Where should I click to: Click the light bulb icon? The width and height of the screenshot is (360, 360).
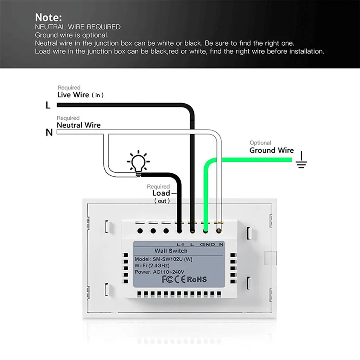pos(138,162)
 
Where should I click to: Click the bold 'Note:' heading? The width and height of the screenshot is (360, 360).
pos(48,17)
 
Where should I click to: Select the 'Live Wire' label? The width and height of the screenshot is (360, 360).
pos(73,95)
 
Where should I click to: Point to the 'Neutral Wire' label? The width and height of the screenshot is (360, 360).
pos(78,125)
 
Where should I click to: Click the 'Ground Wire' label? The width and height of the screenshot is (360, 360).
pos(271,150)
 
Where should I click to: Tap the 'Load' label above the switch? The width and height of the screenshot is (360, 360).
pos(161,193)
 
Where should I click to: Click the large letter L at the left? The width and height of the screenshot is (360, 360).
pos(48,106)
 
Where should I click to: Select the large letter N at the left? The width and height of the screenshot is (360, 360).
pos(49,132)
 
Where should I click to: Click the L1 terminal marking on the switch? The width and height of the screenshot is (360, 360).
pos(180,244)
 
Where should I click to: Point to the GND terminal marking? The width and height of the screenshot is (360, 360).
pos(207,244)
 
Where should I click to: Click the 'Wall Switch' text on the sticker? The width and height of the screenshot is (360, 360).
pos(171,251)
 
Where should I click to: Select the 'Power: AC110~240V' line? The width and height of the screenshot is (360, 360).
pos(159,272)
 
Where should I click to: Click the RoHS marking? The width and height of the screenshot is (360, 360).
pos(197,279)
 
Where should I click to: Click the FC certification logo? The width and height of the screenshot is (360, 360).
pos(167,279)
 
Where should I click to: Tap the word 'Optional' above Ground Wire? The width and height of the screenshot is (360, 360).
pos(260,143)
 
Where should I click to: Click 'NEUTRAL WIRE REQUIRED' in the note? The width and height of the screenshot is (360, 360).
pos(78,27)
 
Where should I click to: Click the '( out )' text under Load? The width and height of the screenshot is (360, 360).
pos(162,201)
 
